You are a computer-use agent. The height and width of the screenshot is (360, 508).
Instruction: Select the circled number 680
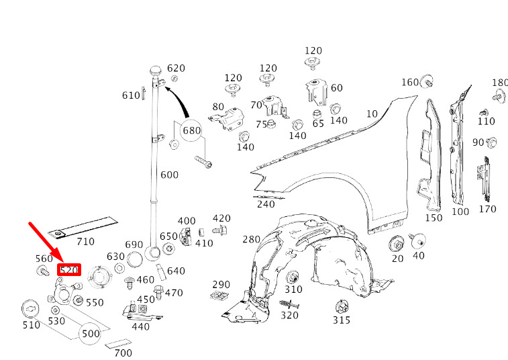(x=192, y=130)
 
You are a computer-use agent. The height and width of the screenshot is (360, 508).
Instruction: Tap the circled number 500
(x=91, y=333)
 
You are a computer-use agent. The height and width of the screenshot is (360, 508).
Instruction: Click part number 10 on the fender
(x=372, y=114)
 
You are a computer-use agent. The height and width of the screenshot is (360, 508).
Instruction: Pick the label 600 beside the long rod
(x=170, y=175)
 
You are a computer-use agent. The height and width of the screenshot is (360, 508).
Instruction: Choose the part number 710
(x=85, y=242)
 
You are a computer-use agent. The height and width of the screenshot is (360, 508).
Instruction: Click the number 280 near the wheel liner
(x=251, y=240)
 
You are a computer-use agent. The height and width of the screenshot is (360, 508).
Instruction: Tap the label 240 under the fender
(x=266, y=204)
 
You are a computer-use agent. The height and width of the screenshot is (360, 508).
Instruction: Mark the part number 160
(x=409, y=82)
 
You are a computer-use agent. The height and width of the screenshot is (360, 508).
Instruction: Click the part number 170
(x=487, y=209)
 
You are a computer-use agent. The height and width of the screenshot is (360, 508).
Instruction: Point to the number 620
(x=176, y=68)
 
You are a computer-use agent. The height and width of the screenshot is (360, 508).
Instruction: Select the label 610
(x=131, y=95)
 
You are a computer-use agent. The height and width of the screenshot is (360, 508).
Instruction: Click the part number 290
(x=221, y=285)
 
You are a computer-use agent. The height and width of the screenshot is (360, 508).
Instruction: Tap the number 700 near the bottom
(x=123, y=353)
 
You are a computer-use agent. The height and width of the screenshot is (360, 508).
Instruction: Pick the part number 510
(x=31, y=325)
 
